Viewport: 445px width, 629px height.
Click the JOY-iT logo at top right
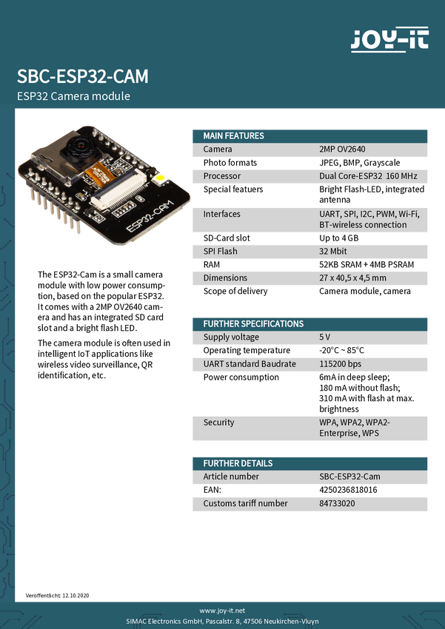pyautogui.click(x=389, y=39)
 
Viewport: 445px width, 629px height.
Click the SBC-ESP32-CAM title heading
pyautogui.click(x=82, y=77)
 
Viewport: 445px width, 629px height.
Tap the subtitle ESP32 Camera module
pyautogui.click(x=73, y=97)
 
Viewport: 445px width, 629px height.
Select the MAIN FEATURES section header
pyautogui.click(x=233, y=136)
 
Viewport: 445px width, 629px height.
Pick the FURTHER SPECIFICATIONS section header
pyautogui.click(x=253, y=324)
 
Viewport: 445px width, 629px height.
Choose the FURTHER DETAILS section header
pyautogui.click(x=238, y=463)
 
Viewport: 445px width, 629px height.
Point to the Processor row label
pyautogui.click(x=222, y=177)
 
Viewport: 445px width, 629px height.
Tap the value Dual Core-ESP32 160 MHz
pyautogui.click(x=368, y=177)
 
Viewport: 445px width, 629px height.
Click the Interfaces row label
pyautogui.click(x=222, y=215)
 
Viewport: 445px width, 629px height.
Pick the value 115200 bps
pyautogui.click(x=341, y=364)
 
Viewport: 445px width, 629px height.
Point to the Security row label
pyautogui.click(x=219, y=423)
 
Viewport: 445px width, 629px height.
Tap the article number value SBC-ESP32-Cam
pyautogui.click(x=349, y=477)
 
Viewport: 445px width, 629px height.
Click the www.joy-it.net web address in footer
pyautogui.click(x=222, y=609)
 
